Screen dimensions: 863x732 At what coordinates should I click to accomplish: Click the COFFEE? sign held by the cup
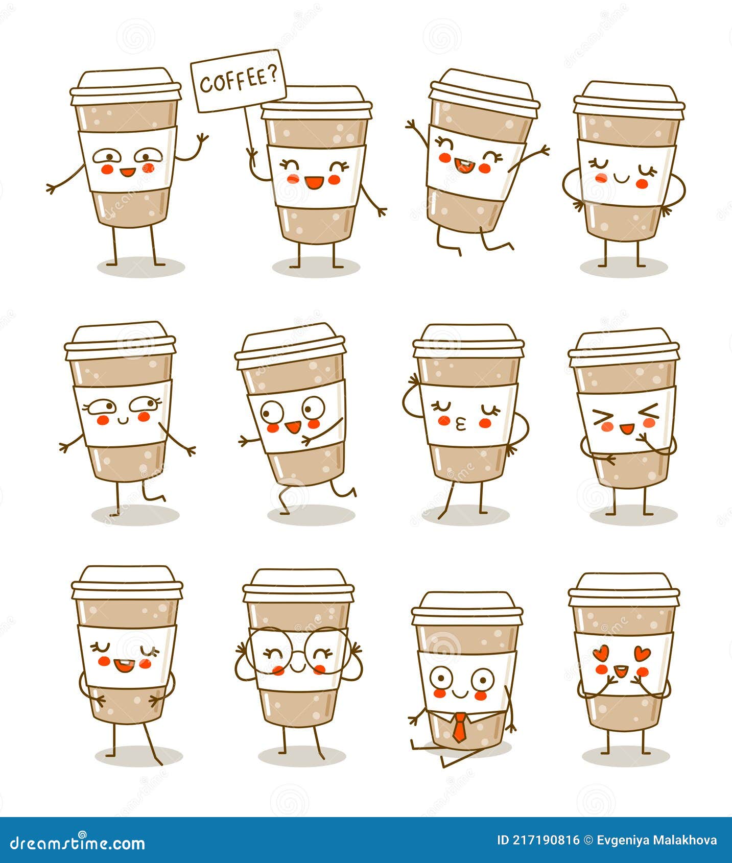click(x=238, y=81)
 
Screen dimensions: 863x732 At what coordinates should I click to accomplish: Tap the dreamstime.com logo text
click(x=78, y=843)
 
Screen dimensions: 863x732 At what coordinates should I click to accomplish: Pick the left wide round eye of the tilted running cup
click(x=271, y=410)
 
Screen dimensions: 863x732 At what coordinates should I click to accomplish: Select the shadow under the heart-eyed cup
click(x=625, y=756)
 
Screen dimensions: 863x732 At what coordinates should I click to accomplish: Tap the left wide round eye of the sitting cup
click(x=440, y=678)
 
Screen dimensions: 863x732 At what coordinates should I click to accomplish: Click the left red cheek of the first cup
click(x=107, y=169)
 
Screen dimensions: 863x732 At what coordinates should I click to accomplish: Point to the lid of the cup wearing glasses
click(x=298, y=585)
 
